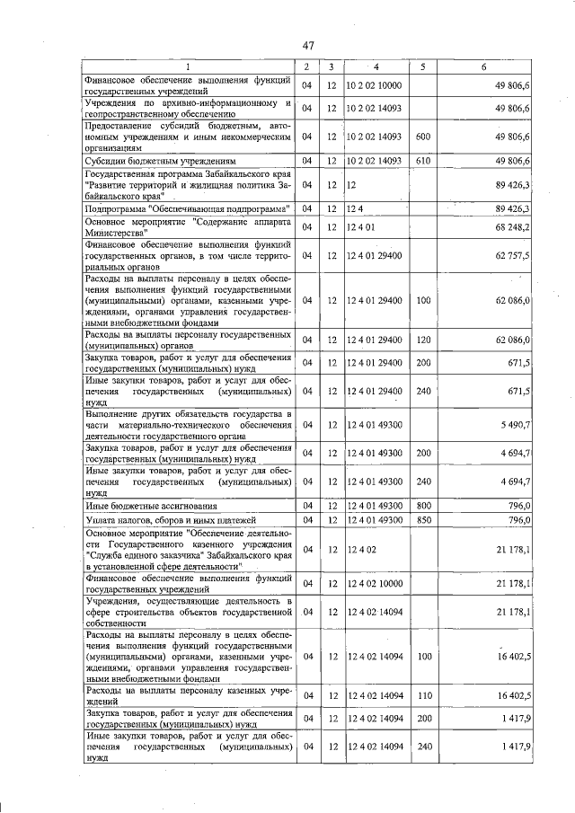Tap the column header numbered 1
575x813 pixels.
188,67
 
